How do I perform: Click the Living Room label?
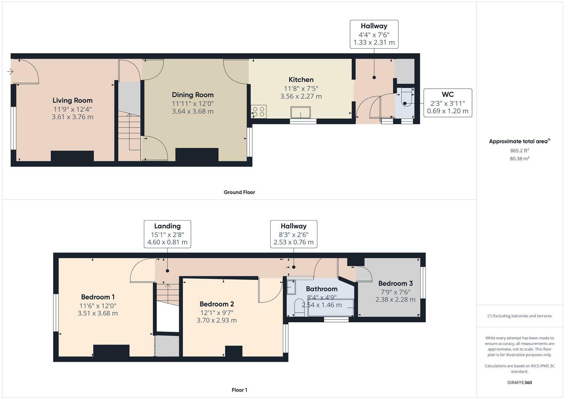(73, 100)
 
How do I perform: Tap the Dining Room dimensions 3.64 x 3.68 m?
(193, 111)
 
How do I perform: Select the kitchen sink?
(300, 112)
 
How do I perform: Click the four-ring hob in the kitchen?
(259, 112)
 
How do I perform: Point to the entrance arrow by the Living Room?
(10, 72)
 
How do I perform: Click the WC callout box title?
(448, 95)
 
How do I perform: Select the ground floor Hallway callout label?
(374, 26)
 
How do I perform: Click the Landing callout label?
(168, 226)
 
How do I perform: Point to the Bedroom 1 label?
(98, 297)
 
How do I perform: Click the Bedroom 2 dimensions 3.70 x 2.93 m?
(217, 320)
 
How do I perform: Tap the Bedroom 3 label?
(396, 284)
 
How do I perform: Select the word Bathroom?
(322, 289)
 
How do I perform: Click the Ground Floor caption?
(239, 192)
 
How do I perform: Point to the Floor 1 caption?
(239, 390)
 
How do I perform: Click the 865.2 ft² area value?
(519, 150)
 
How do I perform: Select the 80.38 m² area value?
(519, 158)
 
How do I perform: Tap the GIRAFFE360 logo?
(519, 383)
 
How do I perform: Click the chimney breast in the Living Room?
(73, 156)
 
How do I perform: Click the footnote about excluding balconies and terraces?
(519, 316)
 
